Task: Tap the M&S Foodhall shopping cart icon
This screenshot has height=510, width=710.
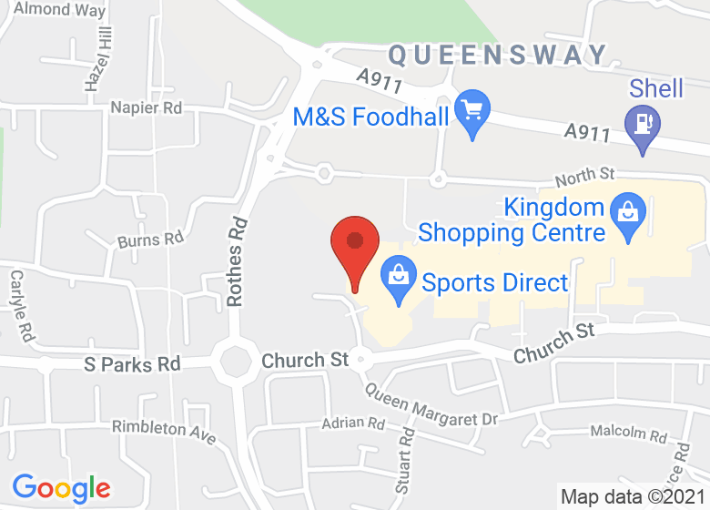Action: point(472,113)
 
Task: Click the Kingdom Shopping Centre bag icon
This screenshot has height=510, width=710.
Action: point(628,215)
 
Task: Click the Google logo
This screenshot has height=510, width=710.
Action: point(61,489)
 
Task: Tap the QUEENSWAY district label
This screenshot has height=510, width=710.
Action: point(498,56)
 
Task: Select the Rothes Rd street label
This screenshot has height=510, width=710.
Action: point(237,260)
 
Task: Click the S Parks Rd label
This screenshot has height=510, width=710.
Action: point(132,364)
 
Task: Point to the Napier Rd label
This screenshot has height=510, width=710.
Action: point(146,107)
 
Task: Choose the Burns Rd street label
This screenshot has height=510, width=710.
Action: point(151,241)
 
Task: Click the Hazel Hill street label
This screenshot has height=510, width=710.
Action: point(98,57)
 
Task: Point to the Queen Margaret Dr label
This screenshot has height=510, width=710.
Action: point(432,406)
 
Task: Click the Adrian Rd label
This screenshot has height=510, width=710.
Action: point(353,423)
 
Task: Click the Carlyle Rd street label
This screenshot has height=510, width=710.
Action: point(22,305)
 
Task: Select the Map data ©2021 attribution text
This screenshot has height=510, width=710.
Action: point(632,497)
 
